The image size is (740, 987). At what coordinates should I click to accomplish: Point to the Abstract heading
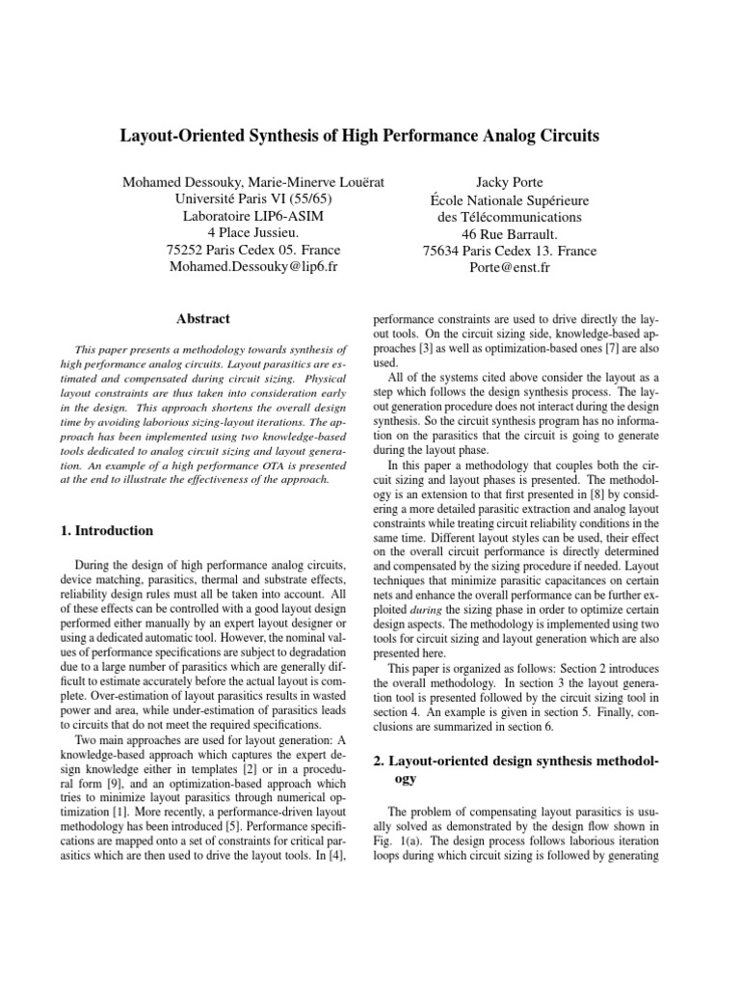tap(203, 318)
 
